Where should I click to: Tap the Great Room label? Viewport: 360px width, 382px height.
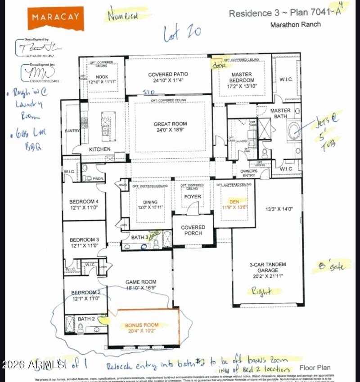(170, 124)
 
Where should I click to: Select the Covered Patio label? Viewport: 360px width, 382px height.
(168, 74)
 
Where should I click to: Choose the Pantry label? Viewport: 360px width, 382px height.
(72, 131)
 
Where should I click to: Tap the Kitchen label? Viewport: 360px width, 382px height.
(99, 149)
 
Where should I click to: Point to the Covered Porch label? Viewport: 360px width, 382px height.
(193, 230)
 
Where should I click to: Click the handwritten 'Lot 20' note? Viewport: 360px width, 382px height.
(182, 32)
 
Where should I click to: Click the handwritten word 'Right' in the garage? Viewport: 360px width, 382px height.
(261, 292)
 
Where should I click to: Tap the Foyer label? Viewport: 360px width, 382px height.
(193, 197)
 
